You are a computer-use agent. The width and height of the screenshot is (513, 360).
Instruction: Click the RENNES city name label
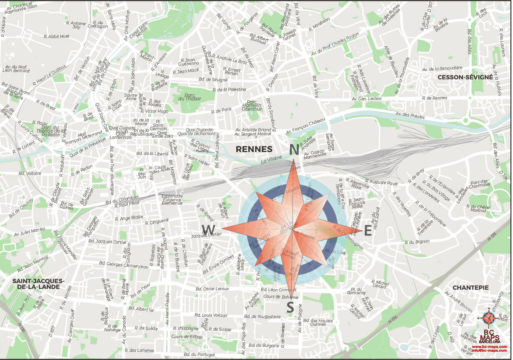pos(254,149)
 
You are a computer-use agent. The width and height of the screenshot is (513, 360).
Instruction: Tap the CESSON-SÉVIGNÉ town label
pos(465,77)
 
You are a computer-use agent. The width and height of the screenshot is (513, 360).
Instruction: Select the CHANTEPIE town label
pos(470,287)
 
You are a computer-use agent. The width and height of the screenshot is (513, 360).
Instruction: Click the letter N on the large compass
pos(294,150)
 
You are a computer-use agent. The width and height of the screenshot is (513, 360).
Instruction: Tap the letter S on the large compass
pos(290,308)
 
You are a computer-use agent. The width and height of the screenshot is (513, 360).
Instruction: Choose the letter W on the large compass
pos(209,229)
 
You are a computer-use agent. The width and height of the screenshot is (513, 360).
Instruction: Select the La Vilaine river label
pos(271,158)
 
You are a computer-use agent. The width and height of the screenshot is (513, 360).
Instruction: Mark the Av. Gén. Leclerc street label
pos(367,99)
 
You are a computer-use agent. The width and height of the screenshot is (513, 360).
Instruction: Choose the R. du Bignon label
pos(417,242)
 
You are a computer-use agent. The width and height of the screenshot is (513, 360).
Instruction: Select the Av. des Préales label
pos(410,115)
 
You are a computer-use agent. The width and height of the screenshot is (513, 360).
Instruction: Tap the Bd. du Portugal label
pos(200,355)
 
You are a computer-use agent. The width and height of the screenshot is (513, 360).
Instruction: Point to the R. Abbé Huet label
pos(57,36)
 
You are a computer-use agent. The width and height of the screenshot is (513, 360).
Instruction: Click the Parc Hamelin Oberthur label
pos(254,106)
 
